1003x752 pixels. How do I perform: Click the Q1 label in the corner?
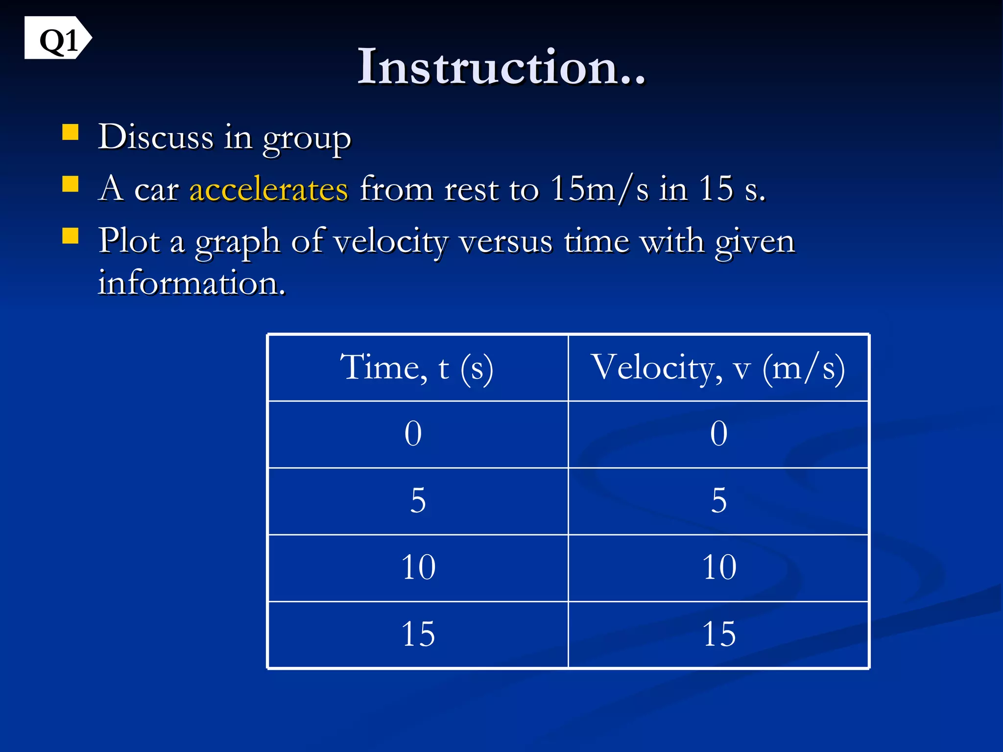(x=58, y=39)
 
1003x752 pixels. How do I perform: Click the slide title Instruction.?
(x=501, y=67)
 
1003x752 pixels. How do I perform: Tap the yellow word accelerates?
(x=268, y=189)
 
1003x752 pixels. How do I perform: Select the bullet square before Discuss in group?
(x=71, y=132)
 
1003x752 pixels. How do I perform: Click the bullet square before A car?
(x=71, y=184)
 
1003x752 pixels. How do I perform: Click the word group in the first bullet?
(x=307, y=139)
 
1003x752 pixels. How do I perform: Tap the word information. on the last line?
(x=191, y=283)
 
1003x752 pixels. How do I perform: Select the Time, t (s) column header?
(x=417, y=368)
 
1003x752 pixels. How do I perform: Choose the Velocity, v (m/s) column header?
(x=718, y=368)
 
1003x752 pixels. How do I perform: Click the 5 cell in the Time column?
(x=418, y=501)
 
